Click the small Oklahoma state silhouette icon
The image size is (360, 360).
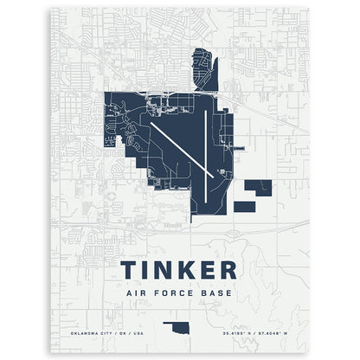180,331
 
